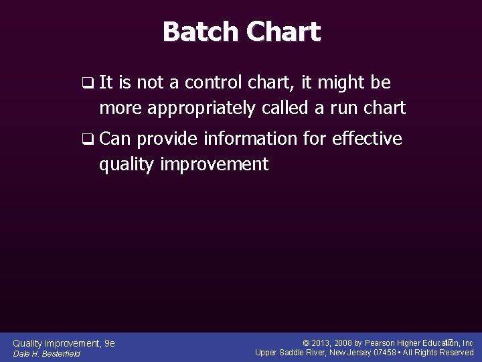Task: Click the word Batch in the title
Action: coord(200,32)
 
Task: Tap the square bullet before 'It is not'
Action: coord(86,83)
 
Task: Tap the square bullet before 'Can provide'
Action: coord(86,139)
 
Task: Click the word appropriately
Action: coord(212,107)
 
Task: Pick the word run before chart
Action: coord(341,107)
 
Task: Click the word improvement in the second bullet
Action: coord(214,164)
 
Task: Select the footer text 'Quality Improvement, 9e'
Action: coord(64,343)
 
